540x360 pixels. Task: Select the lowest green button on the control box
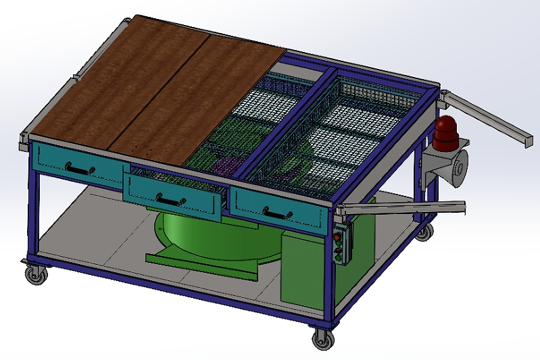tap(337, 255)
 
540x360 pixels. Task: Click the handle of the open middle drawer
tap(171, 199)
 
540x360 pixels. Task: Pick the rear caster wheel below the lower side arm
tap(423, 233)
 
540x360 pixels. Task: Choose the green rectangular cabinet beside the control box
tap(301, 270)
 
